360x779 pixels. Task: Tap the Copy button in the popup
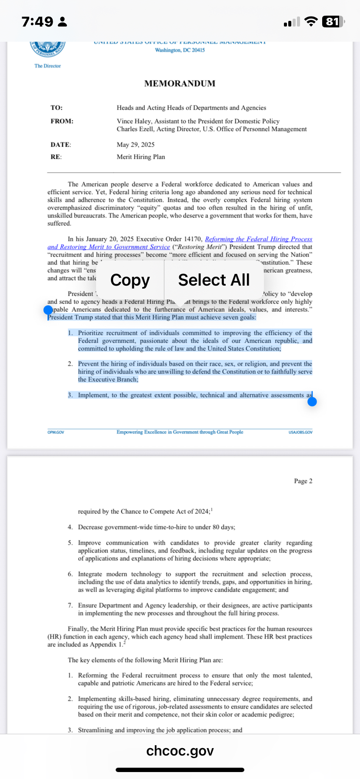130,280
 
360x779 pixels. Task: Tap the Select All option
214,280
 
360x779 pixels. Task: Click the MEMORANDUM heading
180,83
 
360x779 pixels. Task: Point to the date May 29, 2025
136,145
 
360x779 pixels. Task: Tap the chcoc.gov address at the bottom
180,751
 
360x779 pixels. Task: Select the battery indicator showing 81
333,22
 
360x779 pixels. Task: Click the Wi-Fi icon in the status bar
311,22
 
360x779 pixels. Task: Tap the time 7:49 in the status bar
37,22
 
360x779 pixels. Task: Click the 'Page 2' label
303,481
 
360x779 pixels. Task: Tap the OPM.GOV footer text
56,432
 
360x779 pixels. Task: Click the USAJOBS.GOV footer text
300,432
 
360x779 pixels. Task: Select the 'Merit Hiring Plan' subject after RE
141,157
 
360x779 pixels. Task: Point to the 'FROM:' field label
62,121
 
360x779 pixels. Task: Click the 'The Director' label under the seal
48,66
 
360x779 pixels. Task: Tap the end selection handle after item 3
312,402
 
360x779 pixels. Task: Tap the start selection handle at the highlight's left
48,310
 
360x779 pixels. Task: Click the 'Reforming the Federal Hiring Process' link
258,239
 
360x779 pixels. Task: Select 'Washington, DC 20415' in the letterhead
180,50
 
